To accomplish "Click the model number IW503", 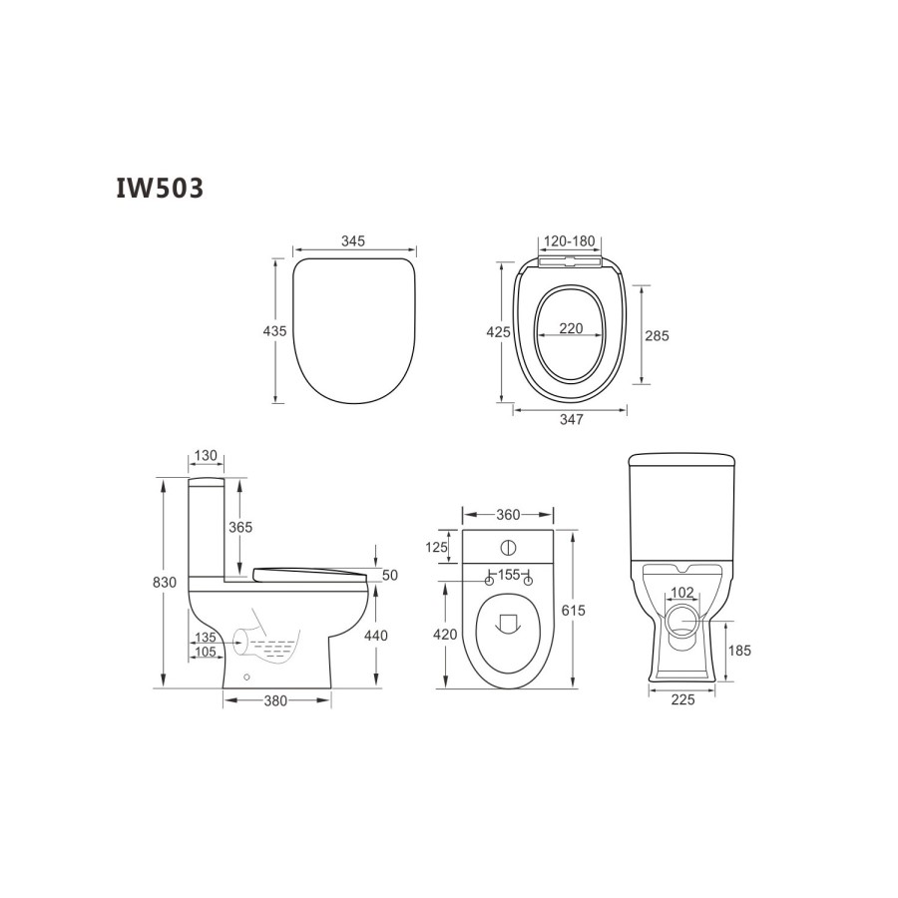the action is click(160, 188).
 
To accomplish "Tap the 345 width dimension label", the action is click(353, 241).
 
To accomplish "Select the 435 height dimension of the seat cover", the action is click(274, 331).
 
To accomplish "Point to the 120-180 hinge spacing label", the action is click(570, 241).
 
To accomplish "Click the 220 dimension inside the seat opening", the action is click(571, 328).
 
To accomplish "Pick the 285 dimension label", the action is click(657, 335).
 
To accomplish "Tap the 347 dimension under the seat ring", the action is click(572, 419).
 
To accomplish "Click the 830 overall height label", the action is click(165, 583).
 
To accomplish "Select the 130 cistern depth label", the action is click(206, 455).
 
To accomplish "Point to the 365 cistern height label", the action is click(240, 527).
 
